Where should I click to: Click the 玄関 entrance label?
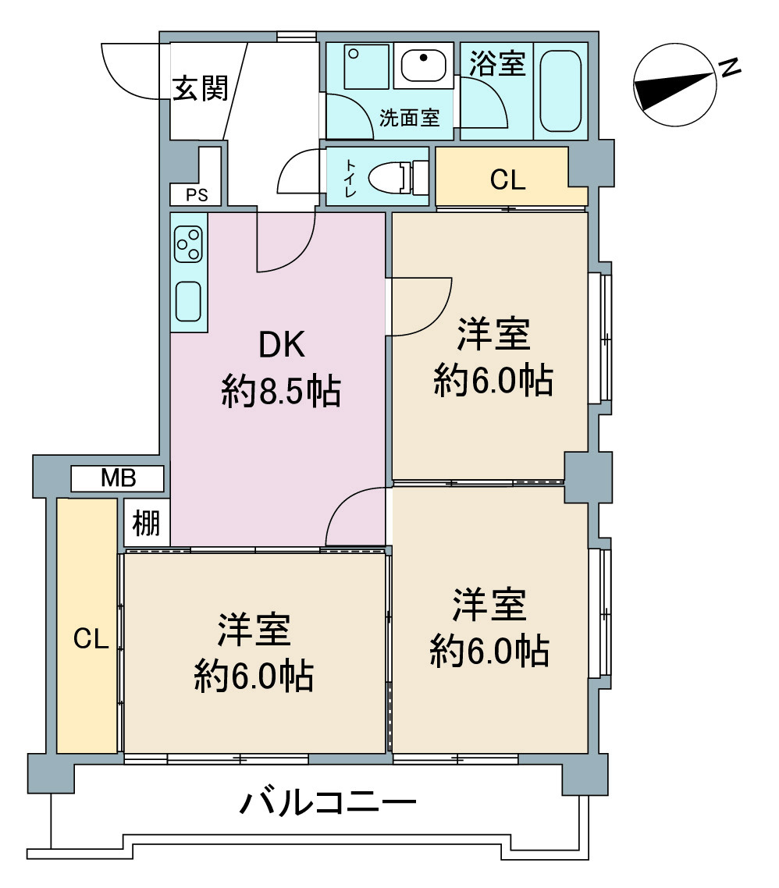click(200, 88)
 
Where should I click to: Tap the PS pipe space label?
click(197, 195)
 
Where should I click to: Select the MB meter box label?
click(119, 478)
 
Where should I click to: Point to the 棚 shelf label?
click(146, 523)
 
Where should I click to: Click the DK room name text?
click(282, 345)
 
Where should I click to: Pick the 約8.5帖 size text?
click(281, 392)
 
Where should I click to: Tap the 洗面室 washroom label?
click(409, 118)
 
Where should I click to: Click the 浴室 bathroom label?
click(497, 63)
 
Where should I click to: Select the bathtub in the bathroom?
click(560, 91)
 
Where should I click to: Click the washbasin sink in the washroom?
click(423, 65)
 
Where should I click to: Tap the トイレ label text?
click(350, 178)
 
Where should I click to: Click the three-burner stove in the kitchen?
click(188, 244)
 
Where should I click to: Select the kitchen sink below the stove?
click(188, 301)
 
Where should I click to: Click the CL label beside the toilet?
click(507, 180)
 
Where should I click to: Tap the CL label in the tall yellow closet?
click(91, 639)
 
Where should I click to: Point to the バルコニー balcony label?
click(329, 803)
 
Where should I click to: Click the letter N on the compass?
click(730, 67)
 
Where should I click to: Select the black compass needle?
click(674, 91)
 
